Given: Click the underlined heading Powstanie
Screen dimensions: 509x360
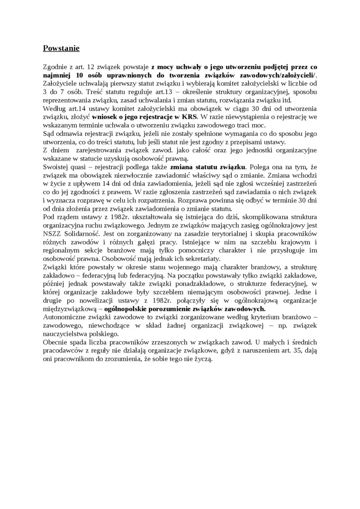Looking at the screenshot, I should pos(61,48).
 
